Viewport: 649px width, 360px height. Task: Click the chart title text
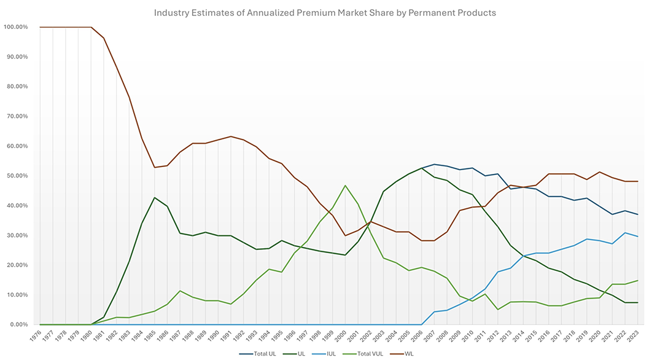tap(324, 12)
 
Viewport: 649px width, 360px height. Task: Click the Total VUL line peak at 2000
tap(345, 186)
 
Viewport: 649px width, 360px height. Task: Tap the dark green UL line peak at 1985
tap(154, 198)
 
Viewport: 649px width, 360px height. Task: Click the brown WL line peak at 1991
tap(230, 136)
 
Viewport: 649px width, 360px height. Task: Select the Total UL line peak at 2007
tap(434, 164)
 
